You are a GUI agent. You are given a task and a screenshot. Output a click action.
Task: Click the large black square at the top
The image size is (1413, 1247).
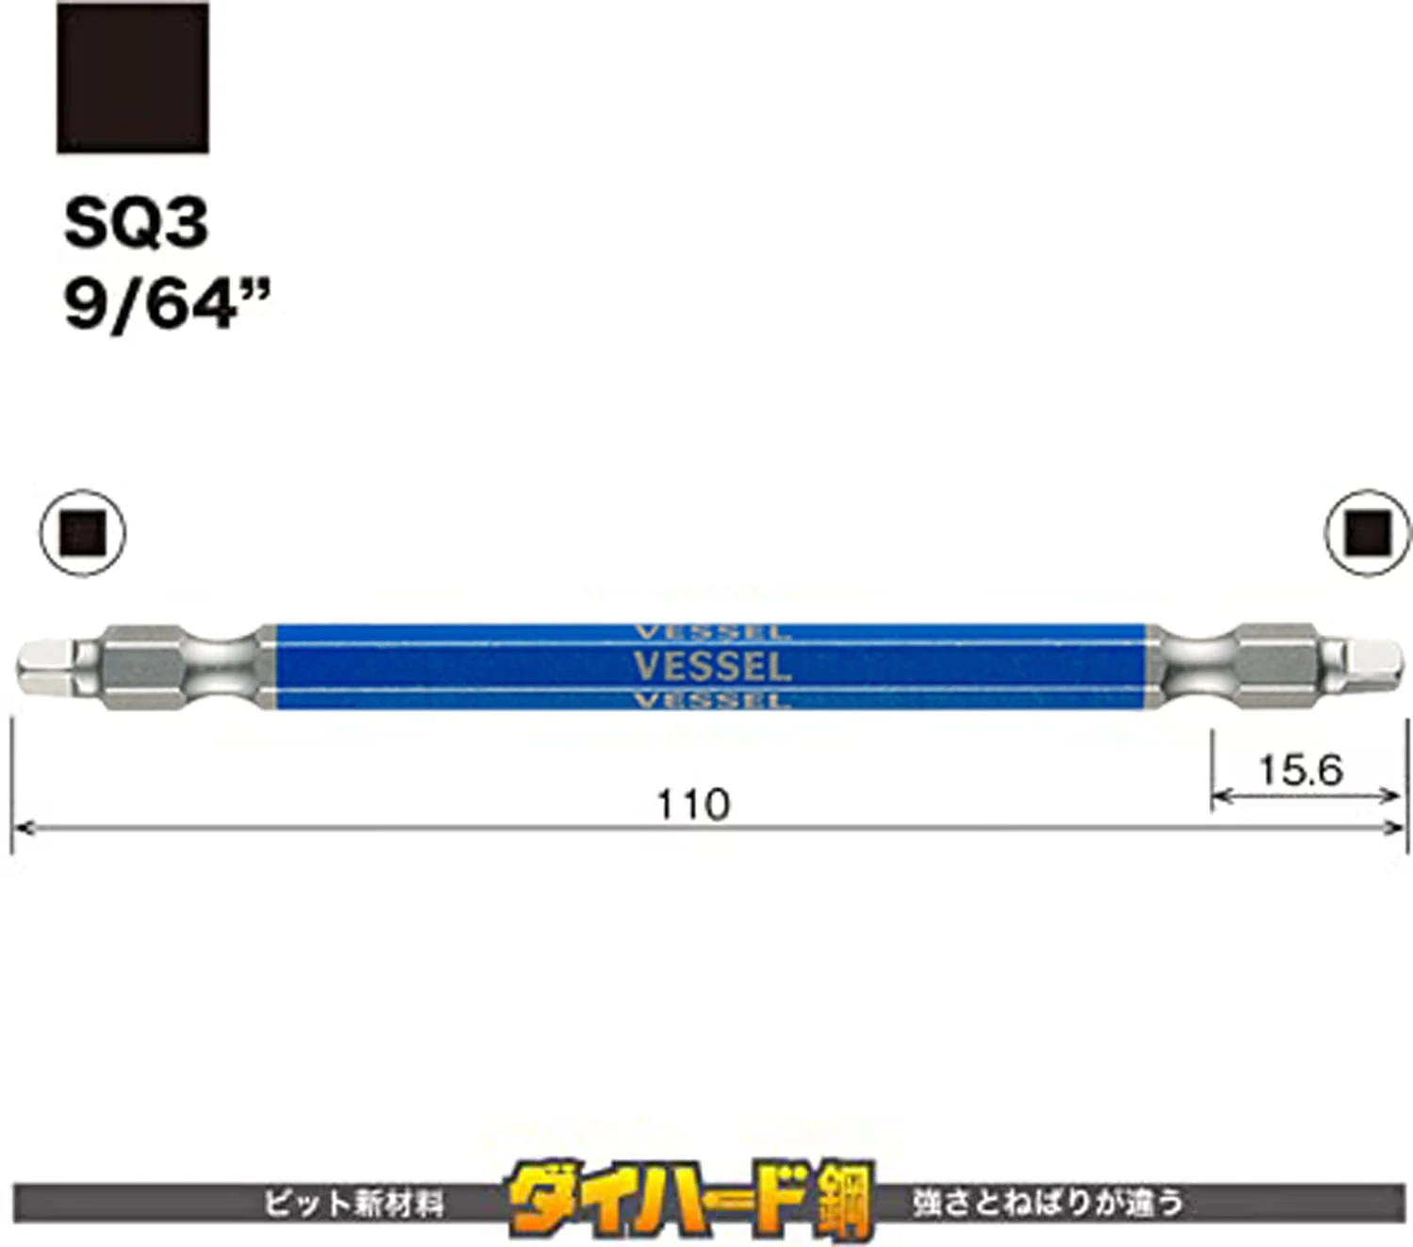click(x=133, y=78)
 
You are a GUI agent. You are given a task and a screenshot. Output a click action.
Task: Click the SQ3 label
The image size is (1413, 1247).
click(x=137, y=223)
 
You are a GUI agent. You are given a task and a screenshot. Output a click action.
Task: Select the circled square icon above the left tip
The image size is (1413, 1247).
click(x=82, y=533)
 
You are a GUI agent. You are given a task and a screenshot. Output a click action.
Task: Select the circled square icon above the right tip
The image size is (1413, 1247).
click(x=1368, y=533)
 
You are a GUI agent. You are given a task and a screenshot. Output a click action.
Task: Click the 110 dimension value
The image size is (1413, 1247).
click(x=694, y=805)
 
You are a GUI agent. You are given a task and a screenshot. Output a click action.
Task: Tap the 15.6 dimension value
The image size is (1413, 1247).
click(x=1302, y=771)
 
